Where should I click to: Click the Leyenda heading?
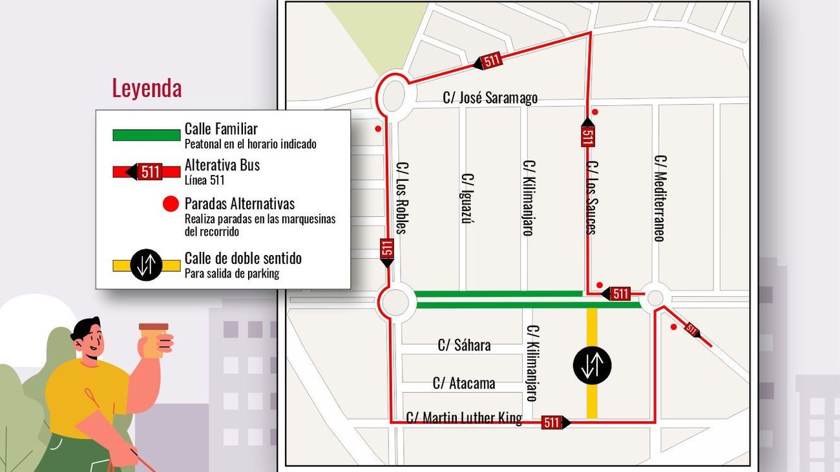[147, 88]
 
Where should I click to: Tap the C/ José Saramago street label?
[490, 97]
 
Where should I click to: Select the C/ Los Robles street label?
[401, 197]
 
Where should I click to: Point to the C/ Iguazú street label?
[467, 198]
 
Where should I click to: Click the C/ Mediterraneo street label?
[659, 198]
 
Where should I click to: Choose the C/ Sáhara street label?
[464, 345]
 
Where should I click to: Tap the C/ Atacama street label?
[464, 383]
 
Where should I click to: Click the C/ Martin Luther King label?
[464, 418]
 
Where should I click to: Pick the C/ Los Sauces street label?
[591, 198]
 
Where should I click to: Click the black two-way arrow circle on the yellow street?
[592, 365]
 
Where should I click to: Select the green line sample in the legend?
[147, 135]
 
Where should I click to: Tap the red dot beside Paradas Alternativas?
[171, 205]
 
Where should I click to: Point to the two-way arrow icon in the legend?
[147, 265]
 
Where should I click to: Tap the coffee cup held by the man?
[154, 340]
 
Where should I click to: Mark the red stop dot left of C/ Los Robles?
[378, 128]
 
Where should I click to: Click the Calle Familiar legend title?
[221, 129]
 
